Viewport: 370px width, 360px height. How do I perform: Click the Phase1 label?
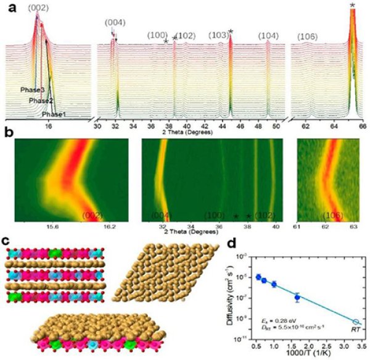point(54,114)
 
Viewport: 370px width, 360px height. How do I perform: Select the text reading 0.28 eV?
point(275,320)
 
